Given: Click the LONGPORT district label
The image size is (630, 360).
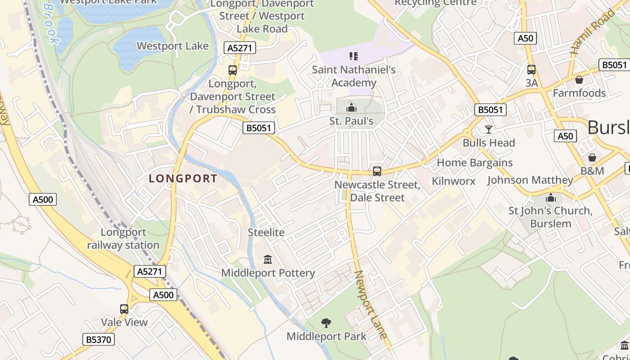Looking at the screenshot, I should click(183, 179).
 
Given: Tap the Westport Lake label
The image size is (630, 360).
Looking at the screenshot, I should click(172, 46).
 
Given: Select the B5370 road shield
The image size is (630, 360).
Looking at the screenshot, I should click(99, 339).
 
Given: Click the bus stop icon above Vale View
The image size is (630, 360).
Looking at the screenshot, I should click(124, 309).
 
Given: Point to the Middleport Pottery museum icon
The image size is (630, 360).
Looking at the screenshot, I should click(268, 260).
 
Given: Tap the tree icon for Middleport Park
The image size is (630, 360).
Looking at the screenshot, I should click(326, 323).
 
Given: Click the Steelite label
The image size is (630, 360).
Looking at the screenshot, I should click(266, 232).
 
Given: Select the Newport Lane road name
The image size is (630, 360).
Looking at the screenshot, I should click(371, 304).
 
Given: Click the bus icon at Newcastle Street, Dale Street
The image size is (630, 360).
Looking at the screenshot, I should click(377, 171).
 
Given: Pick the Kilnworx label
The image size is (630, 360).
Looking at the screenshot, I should click(454, 181).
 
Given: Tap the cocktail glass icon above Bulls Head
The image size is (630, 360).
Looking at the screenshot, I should click(489, 130).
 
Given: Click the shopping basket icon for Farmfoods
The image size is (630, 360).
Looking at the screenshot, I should click(579, 80).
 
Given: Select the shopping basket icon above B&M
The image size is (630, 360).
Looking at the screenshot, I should click(592, 157).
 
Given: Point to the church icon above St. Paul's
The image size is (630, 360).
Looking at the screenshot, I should click(351, 108).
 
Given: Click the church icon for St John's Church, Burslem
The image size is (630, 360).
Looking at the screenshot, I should click(550, 198).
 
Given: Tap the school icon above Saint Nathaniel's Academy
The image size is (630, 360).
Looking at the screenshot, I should click(354, 56).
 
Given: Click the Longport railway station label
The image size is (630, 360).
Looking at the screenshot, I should click(123, 238).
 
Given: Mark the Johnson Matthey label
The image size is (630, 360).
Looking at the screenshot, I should click(530, 180).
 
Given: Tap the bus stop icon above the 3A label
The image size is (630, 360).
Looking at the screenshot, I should click(531, 70).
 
